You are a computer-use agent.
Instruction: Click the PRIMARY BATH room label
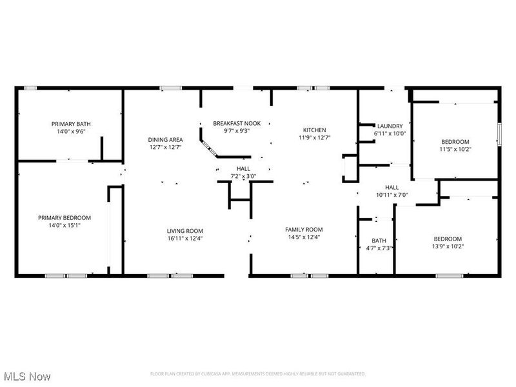[68, 123]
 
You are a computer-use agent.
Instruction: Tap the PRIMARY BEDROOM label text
[64, 217]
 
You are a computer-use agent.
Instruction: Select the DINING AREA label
[166, 139]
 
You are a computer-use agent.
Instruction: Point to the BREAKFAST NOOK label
[237, 123]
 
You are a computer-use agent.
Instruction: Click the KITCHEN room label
[315, 130]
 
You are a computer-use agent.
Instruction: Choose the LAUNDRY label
[390, 126]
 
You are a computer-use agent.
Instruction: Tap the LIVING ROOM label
[185, 231]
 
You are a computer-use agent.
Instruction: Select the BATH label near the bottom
[379, 240]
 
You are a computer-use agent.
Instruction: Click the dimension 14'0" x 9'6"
[68, 131]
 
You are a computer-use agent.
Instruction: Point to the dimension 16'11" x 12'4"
[185, 239]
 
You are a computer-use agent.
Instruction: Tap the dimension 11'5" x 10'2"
[455, 149]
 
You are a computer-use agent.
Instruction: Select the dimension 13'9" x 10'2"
[447, 246]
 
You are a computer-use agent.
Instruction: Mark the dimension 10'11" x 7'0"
[392, 195]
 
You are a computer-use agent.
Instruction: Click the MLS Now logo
[27, 376]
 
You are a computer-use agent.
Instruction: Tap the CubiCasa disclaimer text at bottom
[258, 373]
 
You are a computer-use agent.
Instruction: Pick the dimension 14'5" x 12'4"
[304, 237]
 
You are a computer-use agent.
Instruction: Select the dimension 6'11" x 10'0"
[390, 134]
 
